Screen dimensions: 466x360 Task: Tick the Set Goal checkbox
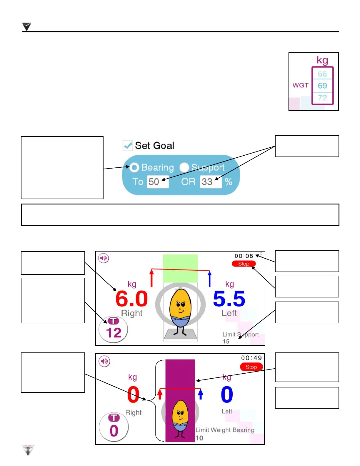(x=128, y=145)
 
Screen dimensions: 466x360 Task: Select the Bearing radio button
(x=134, y=167)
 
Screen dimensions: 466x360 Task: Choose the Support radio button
(x=184, y=167)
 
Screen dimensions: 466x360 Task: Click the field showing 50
(x=158, y=182)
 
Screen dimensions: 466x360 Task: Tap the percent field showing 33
(x=211, y=182)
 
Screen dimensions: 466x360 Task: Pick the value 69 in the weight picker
(x=322, y=86)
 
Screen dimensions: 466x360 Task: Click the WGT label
(x=300, y=85)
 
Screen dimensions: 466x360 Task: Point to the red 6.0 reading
(x=131, y=299)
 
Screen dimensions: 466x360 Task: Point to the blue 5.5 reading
(x=229, y=299)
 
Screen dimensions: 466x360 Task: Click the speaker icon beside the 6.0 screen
(x=104, y=258)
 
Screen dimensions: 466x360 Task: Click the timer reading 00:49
(x=251, y=358)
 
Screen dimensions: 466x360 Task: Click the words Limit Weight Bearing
(x=225, y=430)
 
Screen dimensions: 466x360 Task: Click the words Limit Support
(x=240, y=334)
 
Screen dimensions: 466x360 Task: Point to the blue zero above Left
(x=227, y=395)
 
